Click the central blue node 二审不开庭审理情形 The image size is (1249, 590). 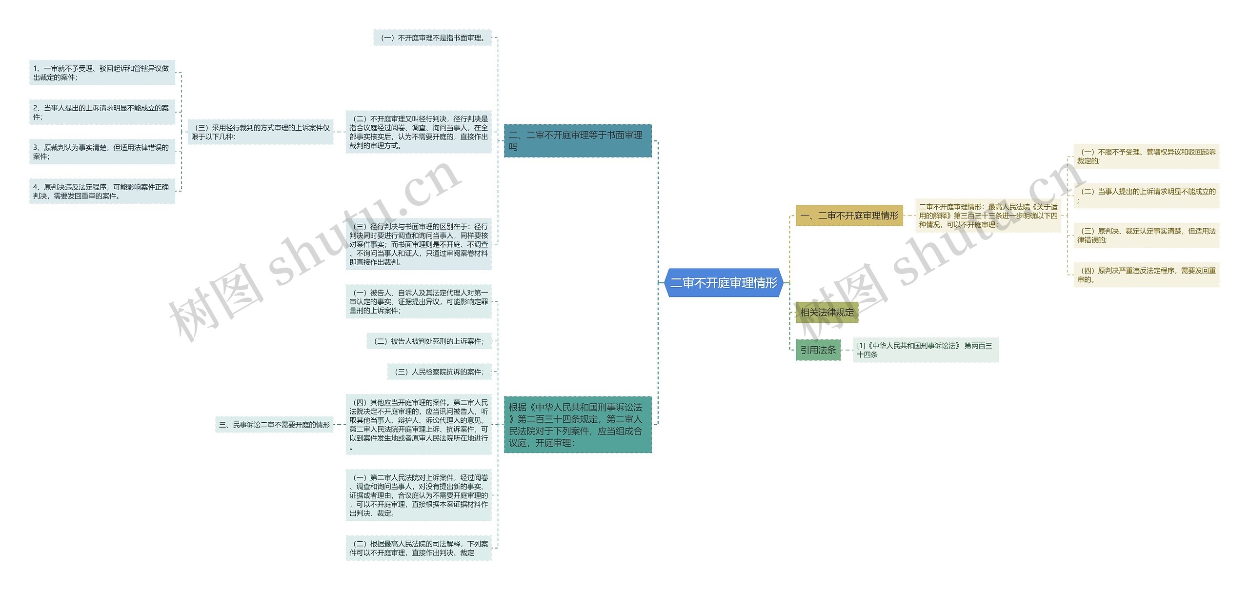pos(724,283)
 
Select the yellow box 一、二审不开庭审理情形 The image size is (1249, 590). pos(849,216)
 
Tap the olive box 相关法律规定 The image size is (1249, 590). pos(826,313)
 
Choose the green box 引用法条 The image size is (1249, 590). pos(818,350)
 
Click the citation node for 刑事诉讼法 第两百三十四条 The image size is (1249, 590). pos(925,350)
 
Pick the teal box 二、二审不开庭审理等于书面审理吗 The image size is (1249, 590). pos(577,141)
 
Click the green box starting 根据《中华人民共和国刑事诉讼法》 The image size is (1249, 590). pos(577,425)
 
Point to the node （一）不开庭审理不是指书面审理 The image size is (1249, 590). pos(432,38)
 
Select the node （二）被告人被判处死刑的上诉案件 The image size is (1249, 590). pos(429,341)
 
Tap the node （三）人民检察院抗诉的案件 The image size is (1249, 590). pos(439,372)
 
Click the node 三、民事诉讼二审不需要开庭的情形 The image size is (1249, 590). pos(274,425)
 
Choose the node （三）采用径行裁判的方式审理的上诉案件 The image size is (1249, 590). pos(261,132)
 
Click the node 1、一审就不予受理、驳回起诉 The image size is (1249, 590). pos(102,73)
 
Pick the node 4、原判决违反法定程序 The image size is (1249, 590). pos(102,191)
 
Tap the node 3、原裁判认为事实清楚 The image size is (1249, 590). pos(102,152)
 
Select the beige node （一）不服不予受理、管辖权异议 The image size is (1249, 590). pos(1146,156)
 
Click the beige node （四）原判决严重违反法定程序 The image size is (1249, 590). pos(1146,275)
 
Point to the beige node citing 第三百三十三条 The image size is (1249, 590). pos(988,216)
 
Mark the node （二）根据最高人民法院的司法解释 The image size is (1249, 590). pos(419,548)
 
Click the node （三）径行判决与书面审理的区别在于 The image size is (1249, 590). pos(419,244)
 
